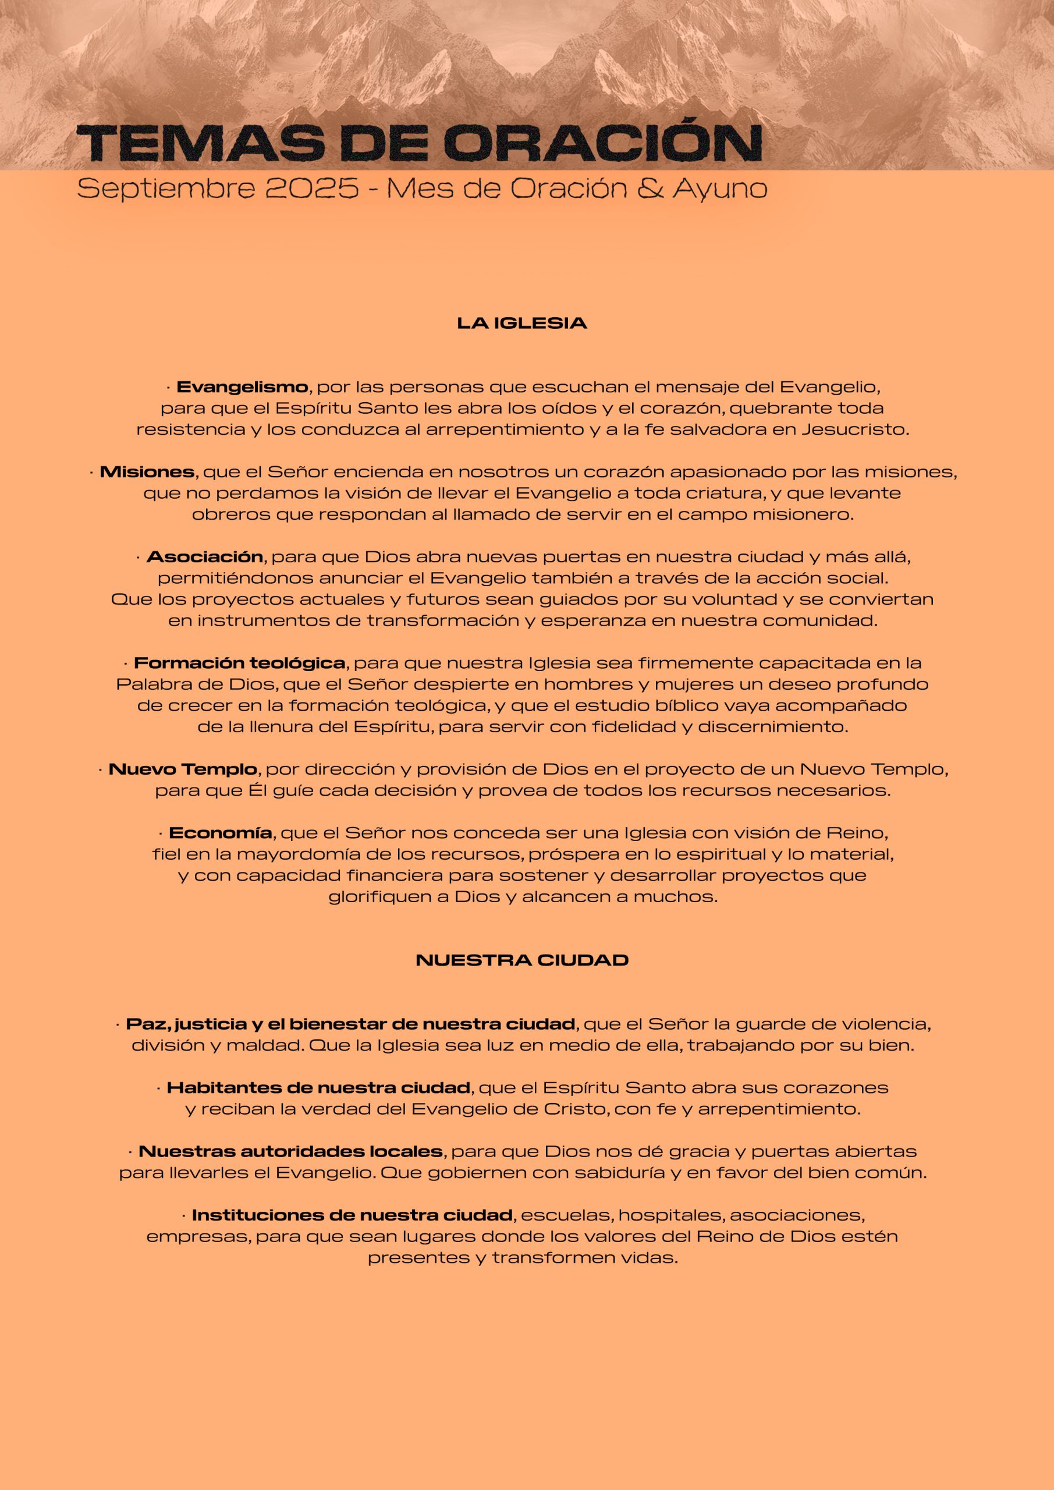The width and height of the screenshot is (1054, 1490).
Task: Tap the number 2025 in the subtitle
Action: pos(311,188)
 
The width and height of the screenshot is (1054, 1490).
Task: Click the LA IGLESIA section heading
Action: pos(522,323)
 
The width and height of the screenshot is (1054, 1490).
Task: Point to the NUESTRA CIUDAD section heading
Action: pos(522,960)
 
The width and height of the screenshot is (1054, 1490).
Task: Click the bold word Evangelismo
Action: pos(242,388)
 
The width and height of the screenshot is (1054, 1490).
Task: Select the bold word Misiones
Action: pos(147,472)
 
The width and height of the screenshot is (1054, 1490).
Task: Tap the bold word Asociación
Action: pos(204,557)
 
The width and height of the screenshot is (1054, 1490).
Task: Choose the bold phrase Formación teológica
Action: pos(239,664)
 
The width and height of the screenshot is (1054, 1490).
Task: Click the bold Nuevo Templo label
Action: pos(183,769)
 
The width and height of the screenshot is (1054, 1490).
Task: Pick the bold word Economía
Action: pos(220,833)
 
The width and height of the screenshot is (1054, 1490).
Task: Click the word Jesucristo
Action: pos(854,430)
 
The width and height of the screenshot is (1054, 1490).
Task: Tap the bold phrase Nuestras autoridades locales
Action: pos(291,1152)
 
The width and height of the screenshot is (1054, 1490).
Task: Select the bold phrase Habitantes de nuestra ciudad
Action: pos(319,1088)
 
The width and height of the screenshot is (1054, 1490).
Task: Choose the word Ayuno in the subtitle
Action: pos(720,189)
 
